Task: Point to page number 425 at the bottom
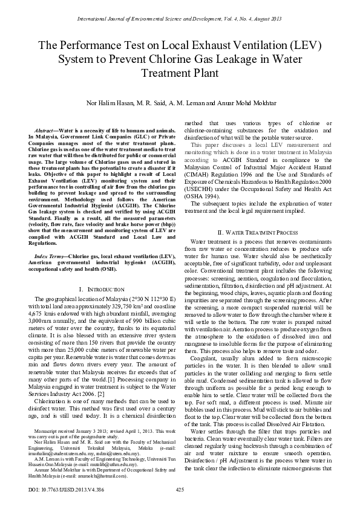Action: tap(180, 489)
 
